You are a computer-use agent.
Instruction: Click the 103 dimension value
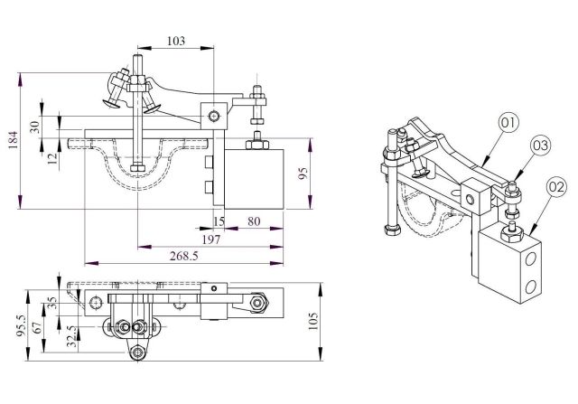176,42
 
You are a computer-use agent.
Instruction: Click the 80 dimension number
254,221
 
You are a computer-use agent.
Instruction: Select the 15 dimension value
218,221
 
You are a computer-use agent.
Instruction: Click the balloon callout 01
508,121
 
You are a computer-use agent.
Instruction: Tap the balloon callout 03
540,144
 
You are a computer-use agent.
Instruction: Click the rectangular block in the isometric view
513,267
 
